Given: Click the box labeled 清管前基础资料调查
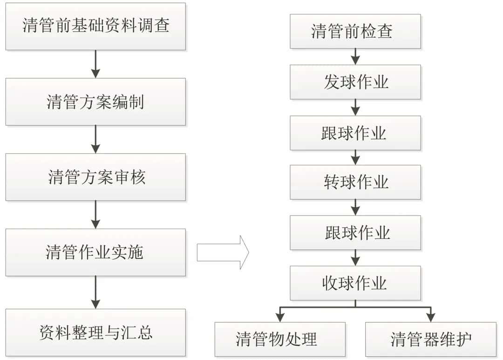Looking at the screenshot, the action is (x=95, y=26).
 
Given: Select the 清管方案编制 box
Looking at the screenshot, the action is (x=95, y=102).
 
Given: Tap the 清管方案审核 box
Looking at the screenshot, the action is (x=95, y=177).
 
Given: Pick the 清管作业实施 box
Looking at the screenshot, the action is (x=95, y=252).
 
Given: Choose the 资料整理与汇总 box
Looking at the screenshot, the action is (x=95, y=333).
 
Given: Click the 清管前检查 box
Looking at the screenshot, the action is (x=355, y=32).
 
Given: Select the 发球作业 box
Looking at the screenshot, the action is (x=355, y=82).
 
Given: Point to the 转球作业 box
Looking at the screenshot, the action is (x=355, y=182).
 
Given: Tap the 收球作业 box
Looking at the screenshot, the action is (x=355, y=283).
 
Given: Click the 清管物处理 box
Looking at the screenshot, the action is (x=280, y=340).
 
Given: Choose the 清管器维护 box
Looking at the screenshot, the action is (x=431, y=340).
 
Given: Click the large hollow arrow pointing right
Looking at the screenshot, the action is (x=223, y=252).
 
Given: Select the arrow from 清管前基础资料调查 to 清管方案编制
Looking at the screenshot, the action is (x=95, y=64).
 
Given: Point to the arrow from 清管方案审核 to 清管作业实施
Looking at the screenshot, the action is (x=95, y=215).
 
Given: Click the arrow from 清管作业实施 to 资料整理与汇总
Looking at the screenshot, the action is (x=95, y=292).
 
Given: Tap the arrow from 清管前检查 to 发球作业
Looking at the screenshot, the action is (x=355, y=57).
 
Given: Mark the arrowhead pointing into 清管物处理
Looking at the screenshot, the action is (x=280, y=318).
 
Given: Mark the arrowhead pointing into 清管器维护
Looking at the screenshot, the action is (x=431, y=318).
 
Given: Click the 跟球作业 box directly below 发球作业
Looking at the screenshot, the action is (x=355, y=133).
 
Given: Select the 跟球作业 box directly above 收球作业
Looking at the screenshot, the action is (x=355, y=232).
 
